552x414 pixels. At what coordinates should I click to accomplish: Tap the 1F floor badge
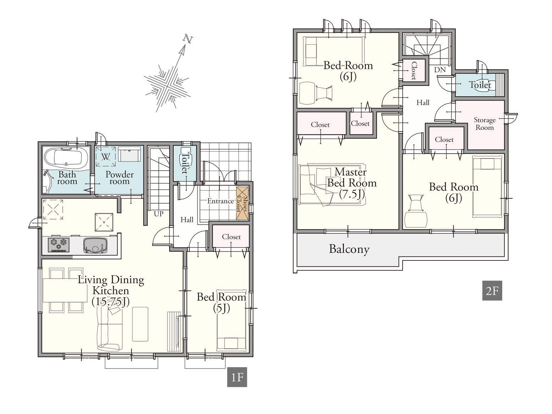click(x=237, y=377)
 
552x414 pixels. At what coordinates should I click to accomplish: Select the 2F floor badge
click(x=492, y=291)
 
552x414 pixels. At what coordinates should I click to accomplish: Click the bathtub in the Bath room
click(x=66, y=158)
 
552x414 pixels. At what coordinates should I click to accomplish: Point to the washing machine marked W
click(x=106, y=156)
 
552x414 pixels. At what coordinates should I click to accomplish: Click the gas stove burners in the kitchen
click(x=59, y=244)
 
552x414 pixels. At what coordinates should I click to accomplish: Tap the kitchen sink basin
click(x=95, y=245)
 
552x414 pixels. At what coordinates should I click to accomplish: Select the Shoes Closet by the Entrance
click(x=242, y=203)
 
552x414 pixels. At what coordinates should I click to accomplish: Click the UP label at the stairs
click(x=159, y=214)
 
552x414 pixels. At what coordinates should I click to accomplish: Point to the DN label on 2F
click(x=440, y=70)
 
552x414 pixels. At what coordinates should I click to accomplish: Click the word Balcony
click(x=349, y=249)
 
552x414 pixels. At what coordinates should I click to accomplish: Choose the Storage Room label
click(x=485, y=124)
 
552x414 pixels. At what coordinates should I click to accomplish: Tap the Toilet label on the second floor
click(x=480, y=85)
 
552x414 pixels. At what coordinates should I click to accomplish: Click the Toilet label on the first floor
click(x=185, y=163)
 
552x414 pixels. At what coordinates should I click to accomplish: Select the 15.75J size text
click(x=111, y=302)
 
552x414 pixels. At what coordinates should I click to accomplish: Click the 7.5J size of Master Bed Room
click(x=352, y=194)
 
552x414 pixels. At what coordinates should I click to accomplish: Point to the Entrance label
click(x=221, y=201)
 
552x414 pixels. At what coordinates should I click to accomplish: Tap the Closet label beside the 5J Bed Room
click(x=231, y=237)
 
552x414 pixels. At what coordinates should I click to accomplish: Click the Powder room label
click(x=120, y=178)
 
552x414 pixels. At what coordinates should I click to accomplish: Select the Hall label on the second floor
click(x=423, y=103)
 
